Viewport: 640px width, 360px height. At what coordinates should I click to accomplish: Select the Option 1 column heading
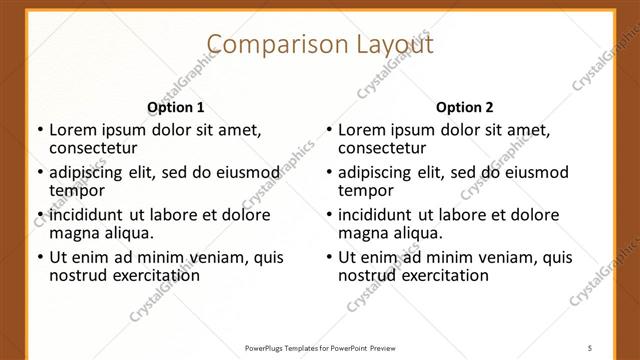pyautogui.click(x=176, y=107)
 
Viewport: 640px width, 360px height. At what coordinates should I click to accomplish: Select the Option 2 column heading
pyautogui.click(x=465, y=107)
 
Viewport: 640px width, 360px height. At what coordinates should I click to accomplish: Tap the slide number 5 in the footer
pyautogui.click(x=590, y=347)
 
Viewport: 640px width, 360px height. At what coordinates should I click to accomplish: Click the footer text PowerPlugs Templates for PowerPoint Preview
pyautogui.click(x=320, y=347)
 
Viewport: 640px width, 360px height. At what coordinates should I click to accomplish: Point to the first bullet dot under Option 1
pyautogui.click(x=40, y=130)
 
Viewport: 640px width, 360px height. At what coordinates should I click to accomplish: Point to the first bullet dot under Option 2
pyautogui.click(x=329, y=130)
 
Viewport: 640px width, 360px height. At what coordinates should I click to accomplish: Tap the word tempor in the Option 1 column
pyautogui.click(x=77, y=190)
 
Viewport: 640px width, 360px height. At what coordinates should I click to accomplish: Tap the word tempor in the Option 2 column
pyautogui.click(x=366, y=190)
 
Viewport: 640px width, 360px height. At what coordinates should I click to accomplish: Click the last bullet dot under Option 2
pyautogui.click(x=329, y=257)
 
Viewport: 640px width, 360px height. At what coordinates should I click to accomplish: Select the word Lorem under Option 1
pyautogui.click(x=72, y=129)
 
